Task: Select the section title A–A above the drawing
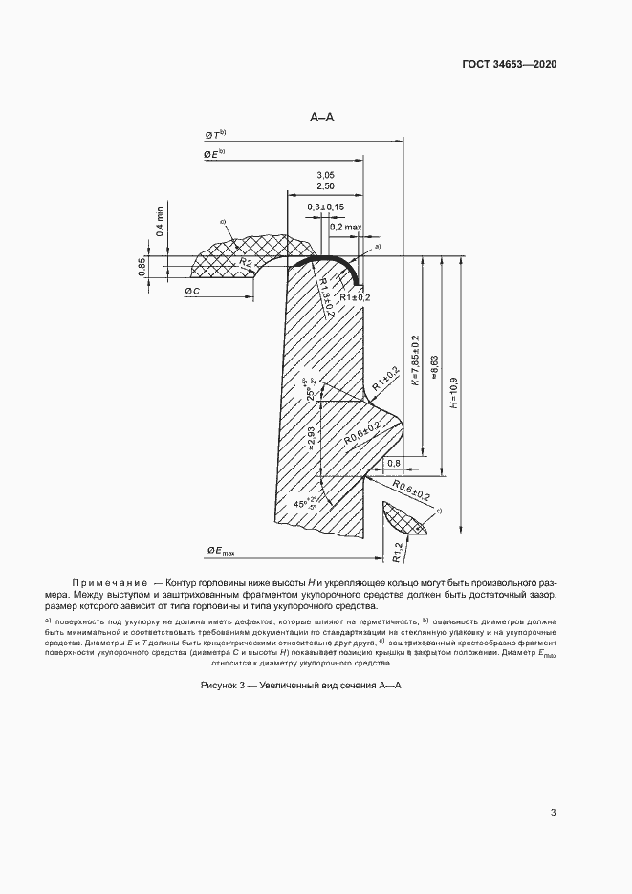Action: (321, 118)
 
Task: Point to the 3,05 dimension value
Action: (325, 175)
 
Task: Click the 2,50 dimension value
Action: (325, 187)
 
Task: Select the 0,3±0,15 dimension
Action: (326, 207)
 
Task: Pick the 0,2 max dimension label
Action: (346, 228)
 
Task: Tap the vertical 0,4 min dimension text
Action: (160, 221)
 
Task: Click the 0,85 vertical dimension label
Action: (142, 267)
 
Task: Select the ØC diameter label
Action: (191, 291)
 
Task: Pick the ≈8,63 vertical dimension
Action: (435, 363)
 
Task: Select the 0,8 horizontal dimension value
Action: (393, 464)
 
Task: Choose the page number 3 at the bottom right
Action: (553, 814)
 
